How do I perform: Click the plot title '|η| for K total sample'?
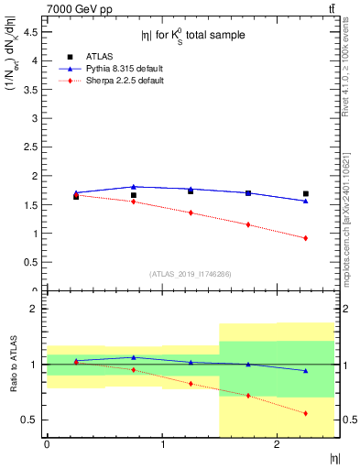click(x=191, y=36)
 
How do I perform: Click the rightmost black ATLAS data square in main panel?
click(x=306, y=193)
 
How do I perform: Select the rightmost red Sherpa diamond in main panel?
click(x=306, y=238)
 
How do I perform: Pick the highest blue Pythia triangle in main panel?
click(x=134, y=187)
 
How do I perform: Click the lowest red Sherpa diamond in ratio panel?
click(x=306, y=413)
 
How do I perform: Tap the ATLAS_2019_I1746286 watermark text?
click(x=191, y=274)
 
